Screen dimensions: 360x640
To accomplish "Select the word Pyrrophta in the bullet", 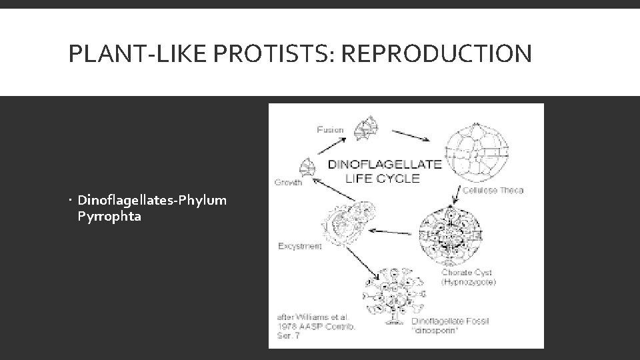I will click(x=109, y=216).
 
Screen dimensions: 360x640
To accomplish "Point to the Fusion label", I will click(x=330, y=129).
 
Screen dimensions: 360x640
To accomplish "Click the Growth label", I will click(x=289, y=181).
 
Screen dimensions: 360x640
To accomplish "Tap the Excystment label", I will click(x=299, y=246).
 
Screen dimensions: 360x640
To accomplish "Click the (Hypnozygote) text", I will click(x=469, y=282).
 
